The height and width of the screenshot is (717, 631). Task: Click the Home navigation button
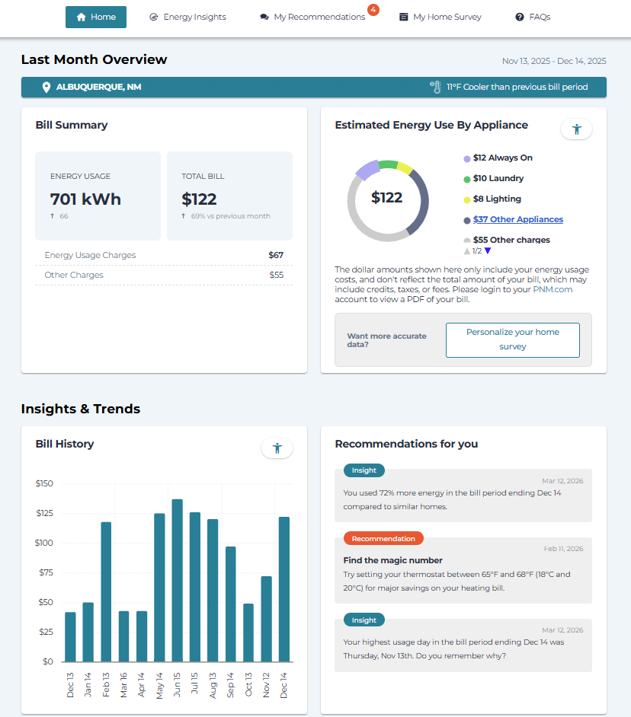pyautogui.click(x=96, y=17)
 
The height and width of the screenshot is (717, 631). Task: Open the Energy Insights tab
pyautogui.click(x=187, y=17)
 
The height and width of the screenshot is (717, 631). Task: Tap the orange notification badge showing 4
pyautogui.click(x=373, y=10)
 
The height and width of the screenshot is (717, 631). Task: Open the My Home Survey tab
pyautogui.click(x=440, y=17)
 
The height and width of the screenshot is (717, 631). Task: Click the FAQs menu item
pyautogui.click(x=533, y=17)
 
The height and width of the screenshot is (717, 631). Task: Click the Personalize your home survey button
pyautogui.click(x=512, y=339)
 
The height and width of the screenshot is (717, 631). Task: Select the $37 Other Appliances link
pyautogui.click(x=517, y=219)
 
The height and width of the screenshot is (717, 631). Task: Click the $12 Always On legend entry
pyautogui.click(x=502, y=158)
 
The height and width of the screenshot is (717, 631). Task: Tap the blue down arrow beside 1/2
pyautogui.click(x=488, y=250)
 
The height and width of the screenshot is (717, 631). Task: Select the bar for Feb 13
pyautogui.click(x=106, y=591)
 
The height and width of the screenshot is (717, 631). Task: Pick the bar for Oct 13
pyautogui.click(x=248, y=632)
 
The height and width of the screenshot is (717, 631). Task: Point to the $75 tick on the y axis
pyautogui.click(x=44, y=572)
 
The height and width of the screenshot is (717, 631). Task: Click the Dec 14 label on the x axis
pyautogui.click(x=284, y=683)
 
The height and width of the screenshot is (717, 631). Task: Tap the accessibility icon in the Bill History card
pyautogui.click(x=277, y=448)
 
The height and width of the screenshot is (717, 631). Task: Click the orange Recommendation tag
pyautogui.click(x=383, y=538)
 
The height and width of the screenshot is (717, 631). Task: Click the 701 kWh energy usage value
pyautogui.click(x=85, y=199)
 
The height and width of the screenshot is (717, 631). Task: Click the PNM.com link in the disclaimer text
pyautogui.click(x=553, y=289)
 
